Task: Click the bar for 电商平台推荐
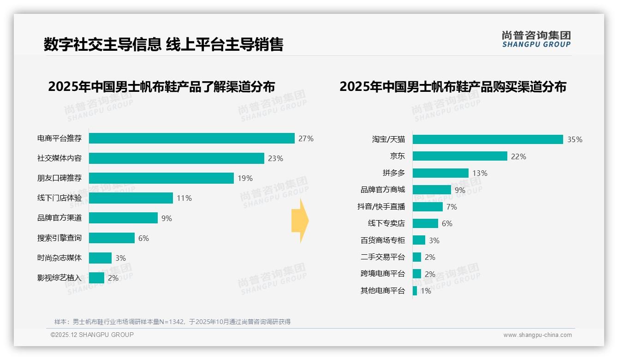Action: point(191,138)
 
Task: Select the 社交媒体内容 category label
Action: point(59,158)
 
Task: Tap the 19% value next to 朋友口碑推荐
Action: point(245,178)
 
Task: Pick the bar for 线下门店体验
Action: point(131,198)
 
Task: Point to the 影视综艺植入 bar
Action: point(96,278)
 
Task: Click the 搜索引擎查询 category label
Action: point(59,238)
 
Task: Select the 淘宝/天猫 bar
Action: point(487,139)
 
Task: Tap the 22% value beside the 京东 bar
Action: point(518,156)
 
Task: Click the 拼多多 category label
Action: point(393,173)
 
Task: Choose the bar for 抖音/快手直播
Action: point(427,207)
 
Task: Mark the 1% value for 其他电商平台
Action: point(426,291)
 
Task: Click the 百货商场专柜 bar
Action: point(419,240)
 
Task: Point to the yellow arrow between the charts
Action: point(300,221)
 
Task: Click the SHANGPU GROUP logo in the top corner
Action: point(536,39)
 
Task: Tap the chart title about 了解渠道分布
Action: point(161,87)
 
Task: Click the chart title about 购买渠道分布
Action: point(453,87)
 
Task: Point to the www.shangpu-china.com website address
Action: point(537,335)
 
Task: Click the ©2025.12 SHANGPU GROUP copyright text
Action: point(92,335)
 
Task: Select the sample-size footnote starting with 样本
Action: point(172,322)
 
